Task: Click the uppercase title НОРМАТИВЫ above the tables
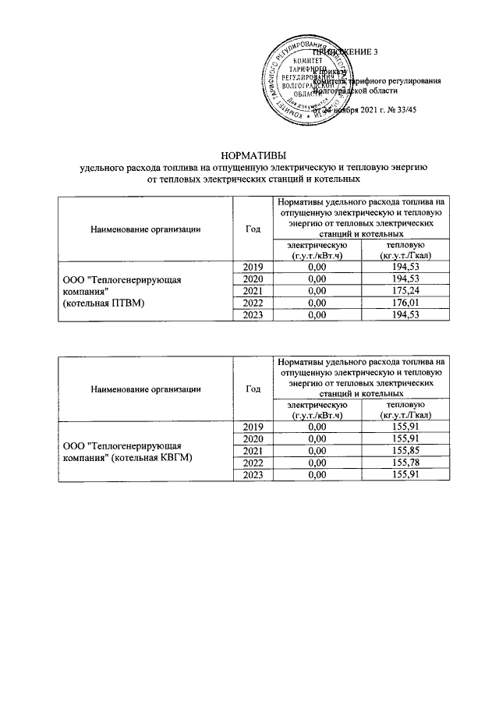pos(249,154)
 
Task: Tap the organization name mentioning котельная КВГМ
pos(127,451)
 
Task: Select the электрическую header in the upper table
pos(316,250)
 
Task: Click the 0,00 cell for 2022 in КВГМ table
pos(316,463)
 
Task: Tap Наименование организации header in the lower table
pos(146,388)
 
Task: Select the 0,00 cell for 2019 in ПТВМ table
pos(316,268)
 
